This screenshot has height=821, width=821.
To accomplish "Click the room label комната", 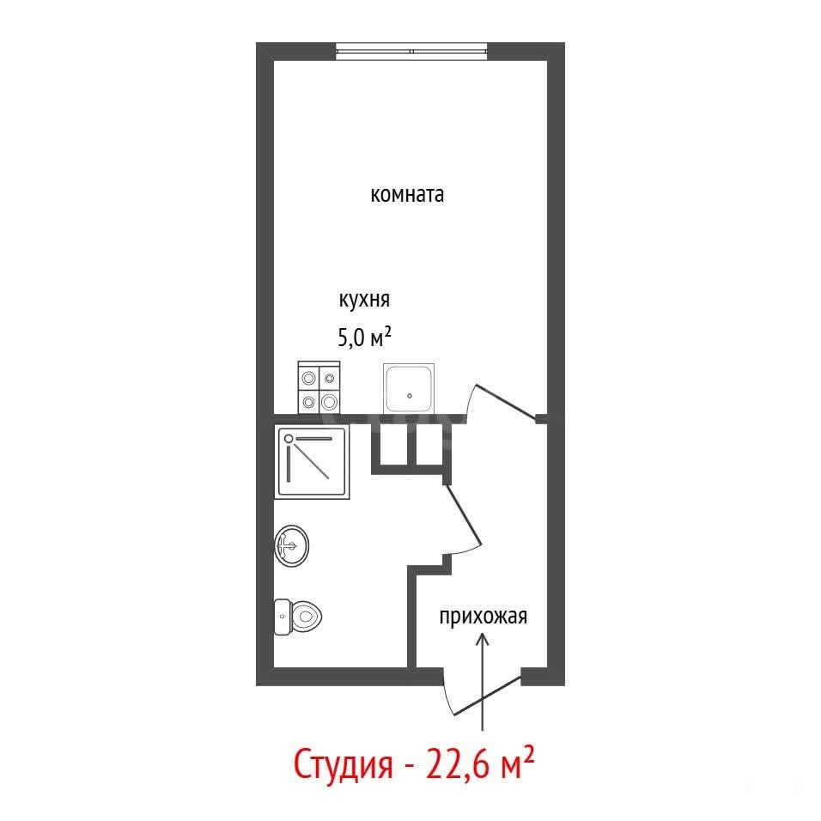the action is tap(407, 195).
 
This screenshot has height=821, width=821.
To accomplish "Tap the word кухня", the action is tap(364, 300).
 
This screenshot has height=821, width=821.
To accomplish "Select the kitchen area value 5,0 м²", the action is tap(364, 338).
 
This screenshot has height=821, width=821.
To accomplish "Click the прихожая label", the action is tap(483, 617).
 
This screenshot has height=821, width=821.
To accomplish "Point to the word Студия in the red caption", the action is tap(343, 765).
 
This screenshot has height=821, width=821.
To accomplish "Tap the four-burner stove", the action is tap(319, 387).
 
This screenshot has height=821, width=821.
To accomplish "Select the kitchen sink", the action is tap(409, 388).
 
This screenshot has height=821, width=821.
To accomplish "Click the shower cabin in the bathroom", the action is tap(312, 462).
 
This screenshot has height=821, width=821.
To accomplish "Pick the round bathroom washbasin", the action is tap(292, 545).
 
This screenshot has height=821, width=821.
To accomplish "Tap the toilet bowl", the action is tap(305, 617).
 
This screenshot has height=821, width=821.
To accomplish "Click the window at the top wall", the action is tap(411, 52).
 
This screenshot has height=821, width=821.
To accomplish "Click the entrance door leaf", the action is tap(487, 696).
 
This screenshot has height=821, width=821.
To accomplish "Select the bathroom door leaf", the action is tap(463, 514).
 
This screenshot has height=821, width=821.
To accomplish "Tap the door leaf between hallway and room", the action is tap(506, 402).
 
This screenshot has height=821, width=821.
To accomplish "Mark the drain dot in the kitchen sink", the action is tap(410, 396).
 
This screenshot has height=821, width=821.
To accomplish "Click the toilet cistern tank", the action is tap(283, 617).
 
